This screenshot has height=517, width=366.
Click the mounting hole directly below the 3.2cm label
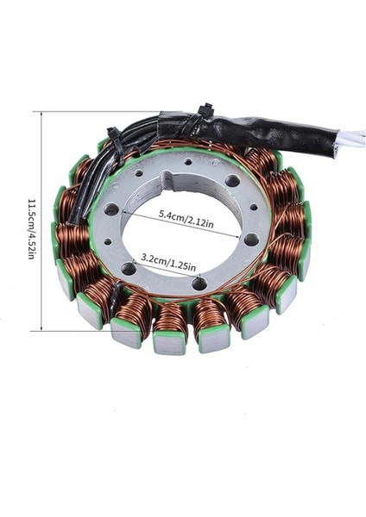pyautogui.click(x=199, y=283)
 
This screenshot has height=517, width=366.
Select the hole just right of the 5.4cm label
pyautogui.click(x=250, y=239)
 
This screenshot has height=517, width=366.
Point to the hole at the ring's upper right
pyautogui.click(x=232, y=181)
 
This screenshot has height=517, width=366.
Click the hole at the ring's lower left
pyautogui.click(x=129, y=269)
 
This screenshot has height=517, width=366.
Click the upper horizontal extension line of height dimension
pyautogui.click(x=95, y=112)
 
